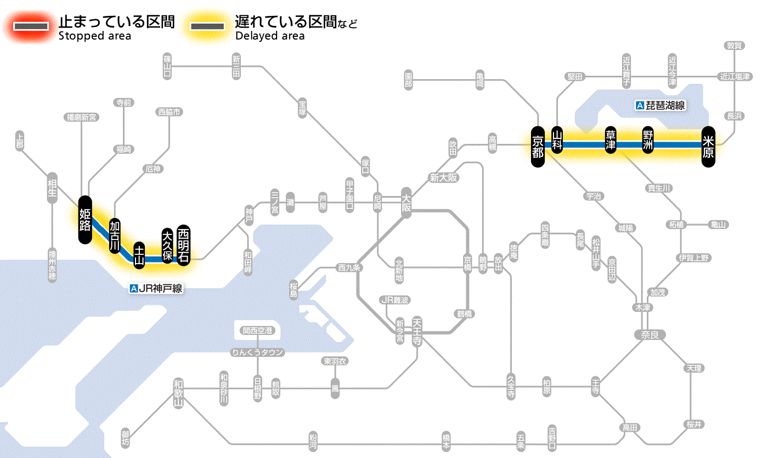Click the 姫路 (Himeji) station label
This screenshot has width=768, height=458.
click(84, 220)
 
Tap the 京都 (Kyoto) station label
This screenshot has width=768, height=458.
click(538, 146)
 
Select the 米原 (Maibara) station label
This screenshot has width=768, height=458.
click(708, 146)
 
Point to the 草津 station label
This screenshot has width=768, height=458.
click(611, 141)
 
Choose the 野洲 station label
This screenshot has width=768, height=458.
click(648, 141)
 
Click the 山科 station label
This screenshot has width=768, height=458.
click(557, 140)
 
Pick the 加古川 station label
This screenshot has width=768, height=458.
click(115, 236)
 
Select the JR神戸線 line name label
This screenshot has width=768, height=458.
click(156, 288)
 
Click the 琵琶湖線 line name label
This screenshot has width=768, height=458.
click(661, 105)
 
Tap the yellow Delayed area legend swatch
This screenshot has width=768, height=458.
click(207, 26)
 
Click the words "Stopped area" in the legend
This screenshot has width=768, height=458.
click(94, 36)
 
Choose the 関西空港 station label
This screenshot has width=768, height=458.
click(257, 331)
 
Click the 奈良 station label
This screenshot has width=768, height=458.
click(649, 334)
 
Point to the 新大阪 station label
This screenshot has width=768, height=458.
click(444, 178)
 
